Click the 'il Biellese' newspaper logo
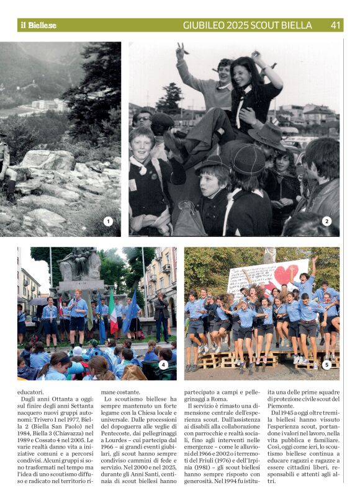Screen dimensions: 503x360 click(x=38, y=25)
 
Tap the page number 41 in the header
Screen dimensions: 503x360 click(x=335, y=25)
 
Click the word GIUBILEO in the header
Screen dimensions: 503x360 click(x=205, y=25)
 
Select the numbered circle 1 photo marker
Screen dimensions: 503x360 click(x=108, y=221)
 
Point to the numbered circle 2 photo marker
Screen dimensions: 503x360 click(x=327, y=221)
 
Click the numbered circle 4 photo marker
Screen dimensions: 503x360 click(x=164, y=365)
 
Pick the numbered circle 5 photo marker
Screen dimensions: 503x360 click(x=327, y=365)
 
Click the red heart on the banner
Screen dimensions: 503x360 click(x=287, y=272)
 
